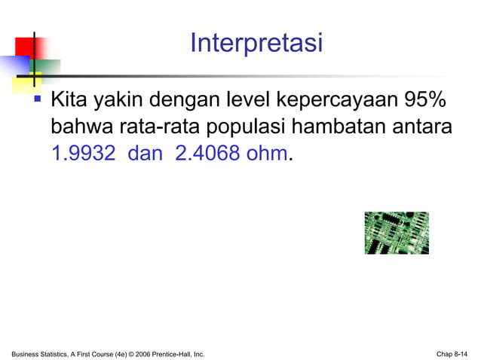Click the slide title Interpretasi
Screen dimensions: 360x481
pos(256,43)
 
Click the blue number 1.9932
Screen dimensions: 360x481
pos(83,154)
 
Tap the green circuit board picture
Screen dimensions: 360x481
pos(397,233)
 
